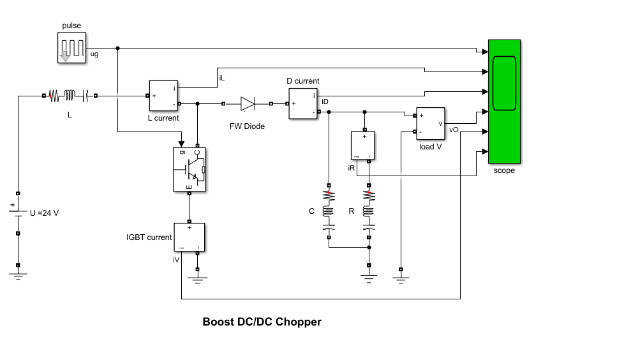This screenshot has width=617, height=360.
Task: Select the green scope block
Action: pos(504,102)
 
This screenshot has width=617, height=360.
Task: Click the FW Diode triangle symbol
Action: pos(248,103)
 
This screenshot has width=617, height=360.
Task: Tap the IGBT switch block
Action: pos(190,169)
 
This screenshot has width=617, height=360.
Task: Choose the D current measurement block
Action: pos(302,103)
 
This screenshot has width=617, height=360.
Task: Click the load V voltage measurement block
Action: pos(431,124)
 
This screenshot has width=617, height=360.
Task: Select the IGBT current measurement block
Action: pos(189,237)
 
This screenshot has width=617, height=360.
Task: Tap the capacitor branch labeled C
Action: pos(329,210)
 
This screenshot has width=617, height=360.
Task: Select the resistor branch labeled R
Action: pos(368,210)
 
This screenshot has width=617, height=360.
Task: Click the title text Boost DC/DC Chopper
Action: pos(262,322)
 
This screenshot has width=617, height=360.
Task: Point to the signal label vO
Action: pos(454,130)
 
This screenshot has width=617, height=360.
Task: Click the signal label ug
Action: pos(94,55)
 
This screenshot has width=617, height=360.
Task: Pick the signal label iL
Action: pos(221,78)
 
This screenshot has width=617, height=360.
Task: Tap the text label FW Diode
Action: pos(247,126)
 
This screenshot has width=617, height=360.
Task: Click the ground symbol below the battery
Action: pos(18,274)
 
